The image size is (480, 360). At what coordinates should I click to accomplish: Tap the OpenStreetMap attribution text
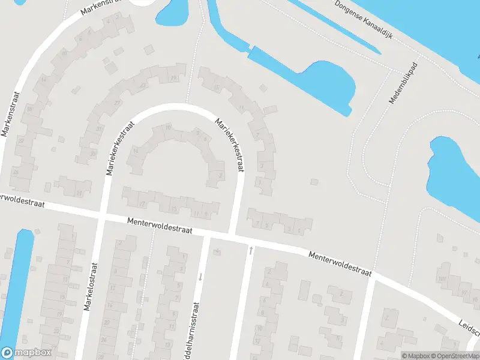(455, 356)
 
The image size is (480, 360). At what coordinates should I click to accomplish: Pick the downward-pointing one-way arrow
(200, 277)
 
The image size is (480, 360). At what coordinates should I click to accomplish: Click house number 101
(442, 279)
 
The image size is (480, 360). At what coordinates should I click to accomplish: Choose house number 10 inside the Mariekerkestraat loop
(169, 128)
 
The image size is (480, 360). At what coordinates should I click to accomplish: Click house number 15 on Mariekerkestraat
(217, 88)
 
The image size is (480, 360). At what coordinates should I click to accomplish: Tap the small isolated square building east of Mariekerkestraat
(314, 182)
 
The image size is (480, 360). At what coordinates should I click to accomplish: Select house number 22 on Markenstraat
(21, 140)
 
